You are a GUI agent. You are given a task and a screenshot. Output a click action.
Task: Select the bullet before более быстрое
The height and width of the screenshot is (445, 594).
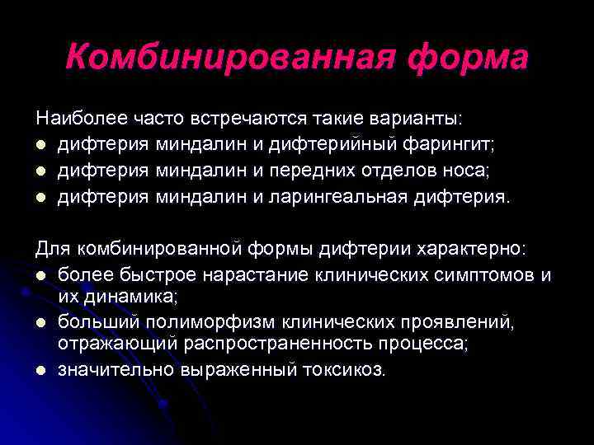tap(40, 274)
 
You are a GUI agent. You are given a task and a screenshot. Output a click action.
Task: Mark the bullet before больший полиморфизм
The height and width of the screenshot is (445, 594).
tap(40, 321)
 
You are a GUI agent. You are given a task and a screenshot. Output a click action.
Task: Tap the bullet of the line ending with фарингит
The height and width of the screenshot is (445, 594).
tap(40, 147)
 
